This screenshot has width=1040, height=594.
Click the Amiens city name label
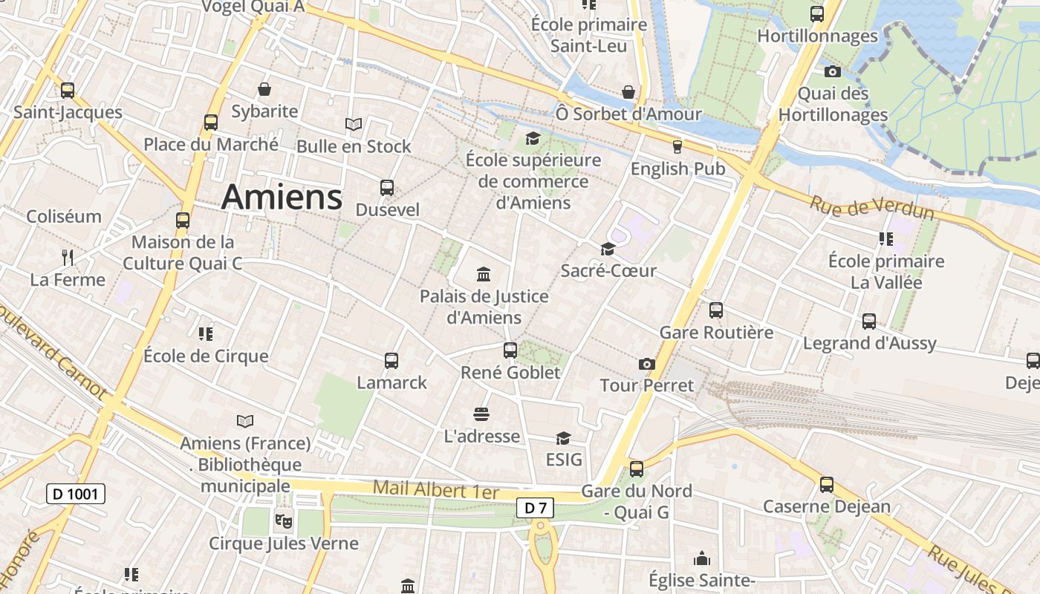coord(282,198)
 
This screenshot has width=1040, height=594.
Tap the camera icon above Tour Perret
coord(647,364)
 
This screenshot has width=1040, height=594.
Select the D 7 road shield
coord(535,508)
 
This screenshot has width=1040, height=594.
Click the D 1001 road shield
coord(76,494)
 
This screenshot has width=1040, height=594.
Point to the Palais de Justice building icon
coord(484,275)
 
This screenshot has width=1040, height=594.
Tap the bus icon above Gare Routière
coord(716,310)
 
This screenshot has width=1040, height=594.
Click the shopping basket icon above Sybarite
coord(264,90)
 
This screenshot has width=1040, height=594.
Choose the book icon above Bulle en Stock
coord(354,124)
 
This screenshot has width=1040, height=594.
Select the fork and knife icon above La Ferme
coord(68,258)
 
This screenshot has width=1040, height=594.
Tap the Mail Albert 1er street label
coord(436,489)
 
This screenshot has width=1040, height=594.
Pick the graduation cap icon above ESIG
coord(564,438)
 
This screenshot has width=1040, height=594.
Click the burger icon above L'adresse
coord(481,414)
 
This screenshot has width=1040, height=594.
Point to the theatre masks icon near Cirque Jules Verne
coord(283,521)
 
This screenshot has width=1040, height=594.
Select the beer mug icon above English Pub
coord(677,147)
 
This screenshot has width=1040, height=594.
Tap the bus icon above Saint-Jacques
coord(68,91)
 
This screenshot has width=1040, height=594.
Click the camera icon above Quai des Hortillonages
coord(833,72)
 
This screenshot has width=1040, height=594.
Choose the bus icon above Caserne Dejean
coord(827,485)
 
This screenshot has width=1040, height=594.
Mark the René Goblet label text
coord(510,372)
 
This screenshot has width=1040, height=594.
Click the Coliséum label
coord(64,217)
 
